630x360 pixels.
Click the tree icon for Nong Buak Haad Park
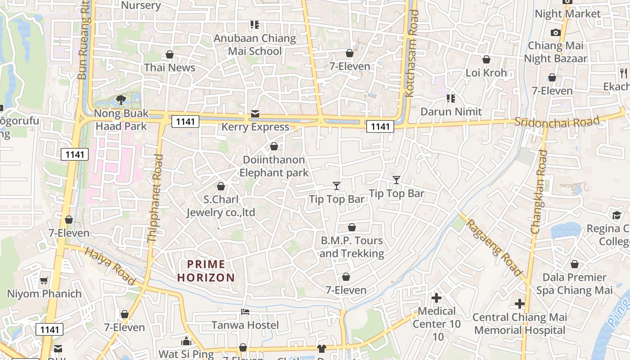(121, 99)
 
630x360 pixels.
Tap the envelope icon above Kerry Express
(255, 113)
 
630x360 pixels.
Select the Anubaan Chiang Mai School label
(255, 45)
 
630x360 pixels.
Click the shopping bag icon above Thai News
(170, 54)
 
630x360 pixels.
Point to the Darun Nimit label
(451, 111)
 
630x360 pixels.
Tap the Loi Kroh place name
(486, 72)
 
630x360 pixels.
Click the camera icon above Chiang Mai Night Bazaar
(555, 32)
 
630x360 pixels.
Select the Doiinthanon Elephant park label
(274, 166)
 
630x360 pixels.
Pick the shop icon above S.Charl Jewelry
(221, 186)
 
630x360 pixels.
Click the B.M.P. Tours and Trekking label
(351, 247)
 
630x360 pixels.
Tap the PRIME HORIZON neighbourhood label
(206, 271)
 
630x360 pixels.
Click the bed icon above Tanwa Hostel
(245, 311)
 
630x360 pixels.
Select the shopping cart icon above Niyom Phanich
(44, 281)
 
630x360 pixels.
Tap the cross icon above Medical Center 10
(436, 297)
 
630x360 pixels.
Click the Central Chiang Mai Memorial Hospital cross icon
(520, 304)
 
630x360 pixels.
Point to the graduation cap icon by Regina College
(616, 216)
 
